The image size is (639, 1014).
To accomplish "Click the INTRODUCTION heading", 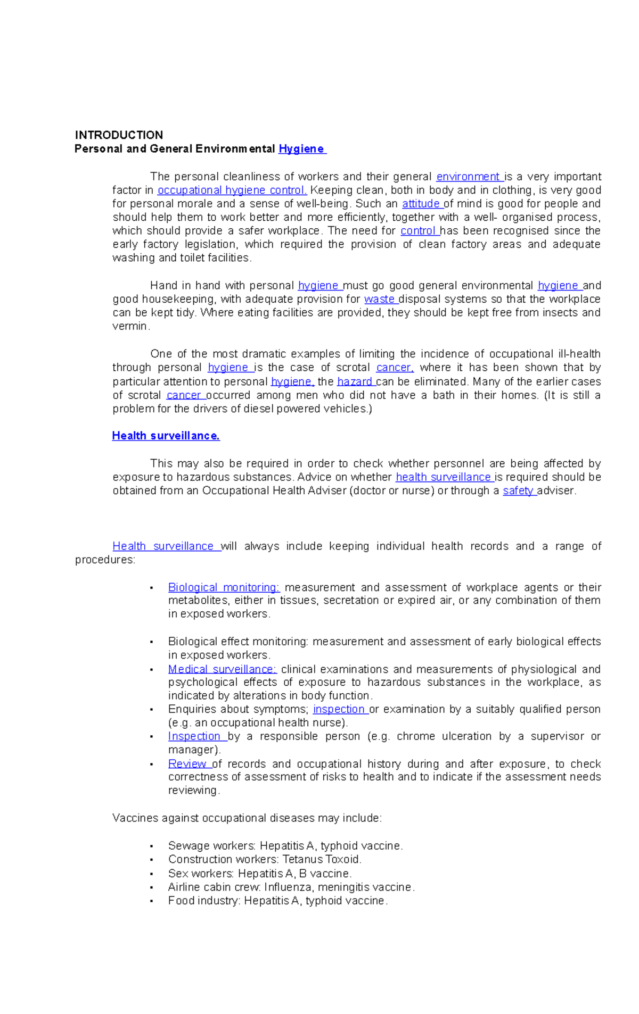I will click(x=119, y=135).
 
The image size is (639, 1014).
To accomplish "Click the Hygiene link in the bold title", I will click(x=301, y=149).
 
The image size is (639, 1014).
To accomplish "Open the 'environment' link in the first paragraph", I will click(x=468, y=177).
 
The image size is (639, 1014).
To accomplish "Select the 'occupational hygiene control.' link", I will click(x=232, y=190).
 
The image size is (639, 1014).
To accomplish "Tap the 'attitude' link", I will click(x=421, y=204).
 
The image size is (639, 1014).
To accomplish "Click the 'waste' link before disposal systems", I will click(x=379, y=299).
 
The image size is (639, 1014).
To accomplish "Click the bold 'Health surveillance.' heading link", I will click(x=166, y=436).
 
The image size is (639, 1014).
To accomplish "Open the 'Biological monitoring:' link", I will click(x=224, y=587).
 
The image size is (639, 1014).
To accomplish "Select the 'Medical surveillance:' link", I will click(x=222, y=669).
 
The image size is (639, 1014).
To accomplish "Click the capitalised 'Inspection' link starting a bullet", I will click(x=194, y=736).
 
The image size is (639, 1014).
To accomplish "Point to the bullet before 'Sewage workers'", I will click(x=152, y=846).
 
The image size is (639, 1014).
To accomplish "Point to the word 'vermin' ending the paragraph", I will click(x=130, y=326).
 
